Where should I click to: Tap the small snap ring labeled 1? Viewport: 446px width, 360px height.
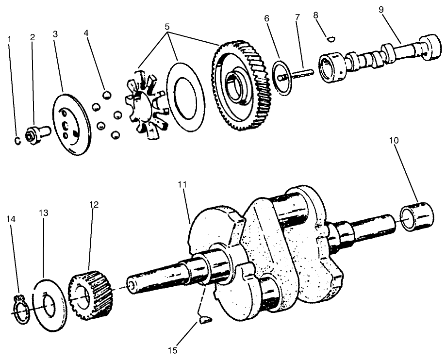pos(16,141)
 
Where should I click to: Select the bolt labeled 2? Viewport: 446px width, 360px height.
pos(37,132)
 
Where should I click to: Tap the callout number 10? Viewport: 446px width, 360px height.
pos(394,141)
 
